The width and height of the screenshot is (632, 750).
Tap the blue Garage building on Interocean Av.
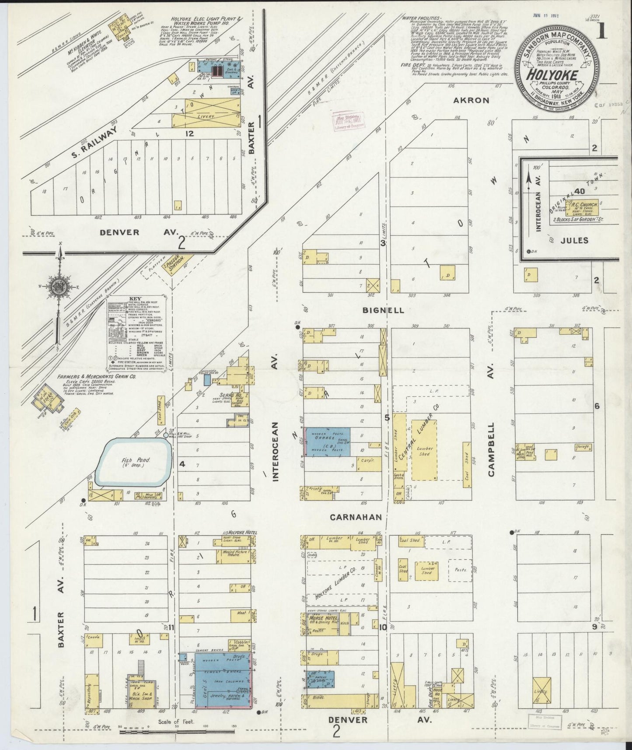tap(328, 442)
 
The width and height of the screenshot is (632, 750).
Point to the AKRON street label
tap(471, 100)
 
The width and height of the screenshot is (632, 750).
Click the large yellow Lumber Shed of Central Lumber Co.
tap(424, 450)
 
